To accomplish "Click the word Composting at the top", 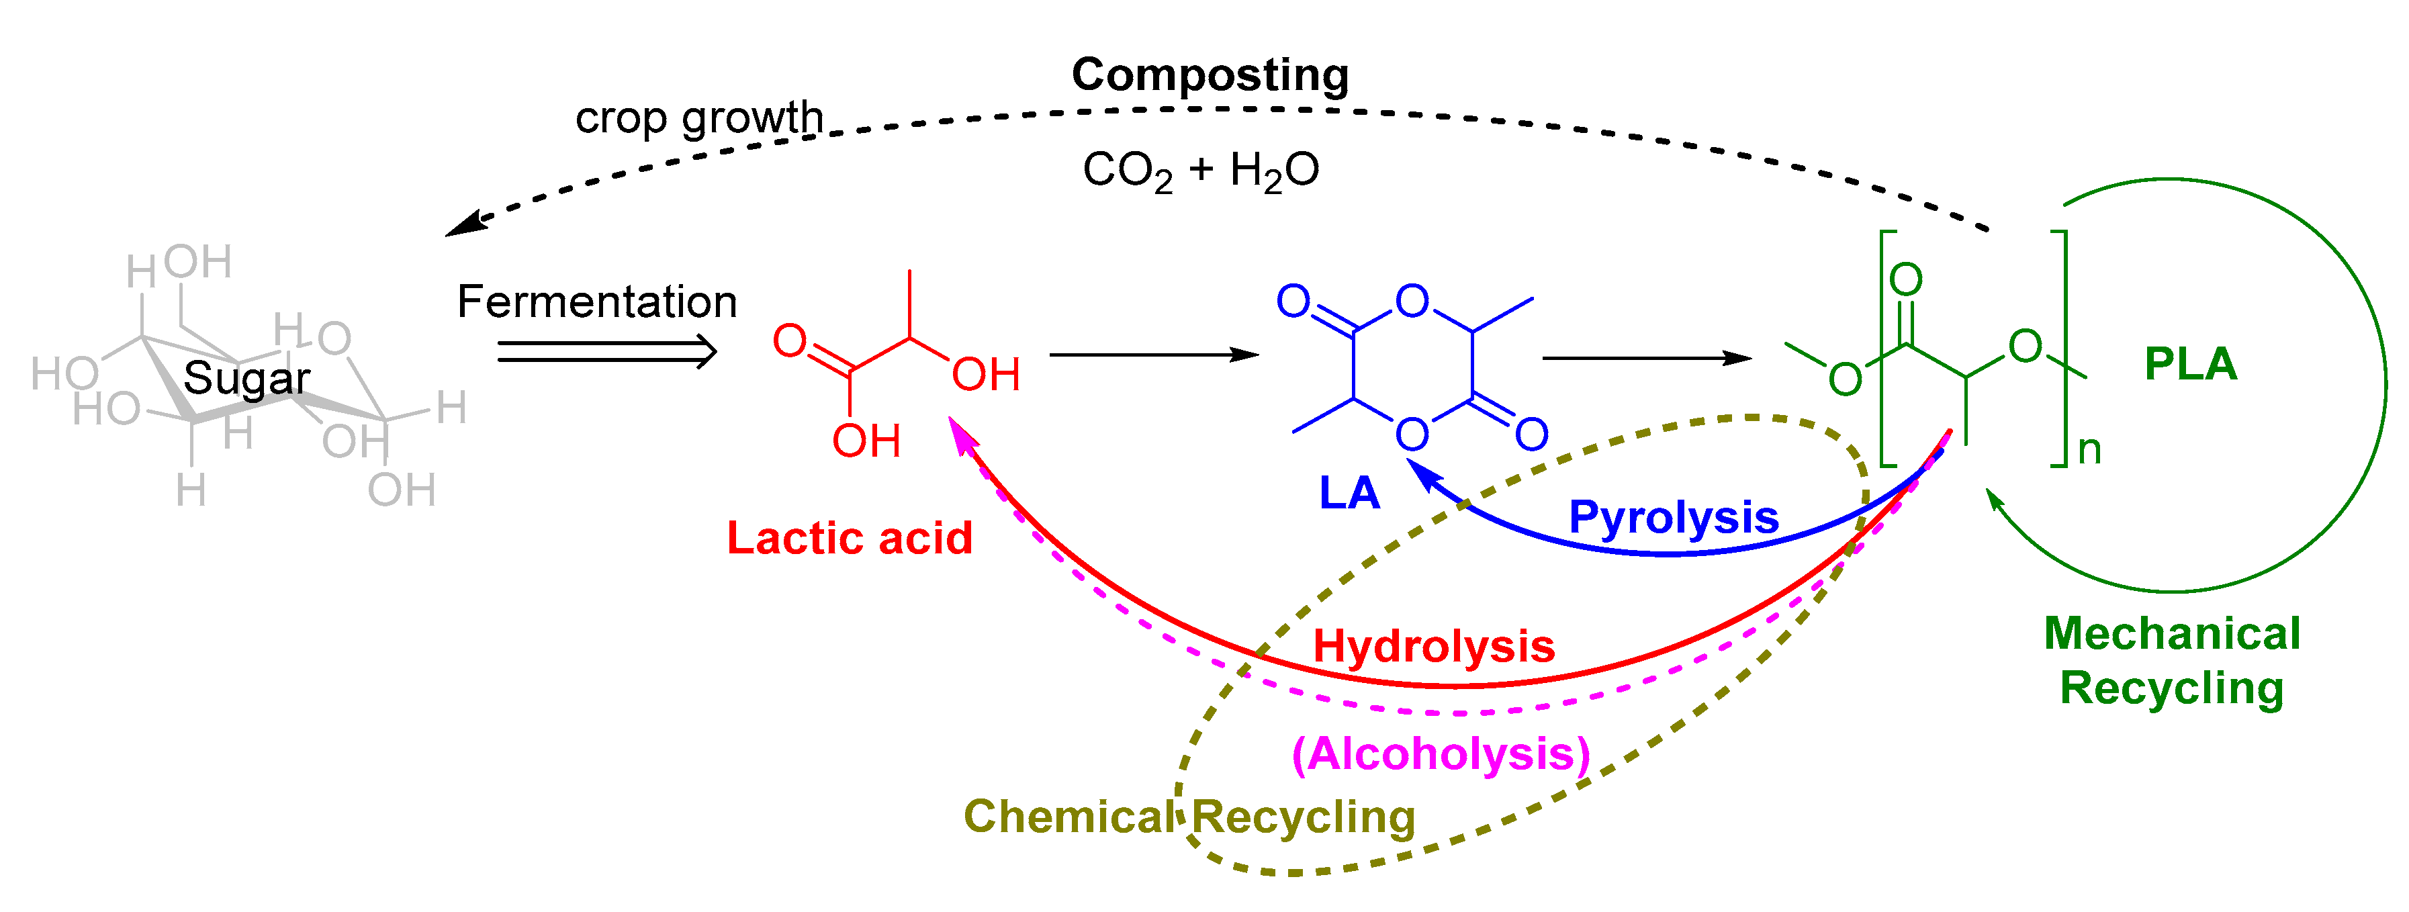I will pos(1210,75).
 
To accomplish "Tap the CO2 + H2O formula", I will pos(1201,171).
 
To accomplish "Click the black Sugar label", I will pos(246,379).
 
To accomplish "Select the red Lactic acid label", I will pos(849,539).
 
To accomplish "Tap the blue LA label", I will pos(1349,493).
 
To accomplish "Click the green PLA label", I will pos(2190,364).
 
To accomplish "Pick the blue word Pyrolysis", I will pos(1673,517).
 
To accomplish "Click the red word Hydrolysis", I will pos(1434,646).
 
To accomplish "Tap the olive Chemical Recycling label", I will pos(1189,817).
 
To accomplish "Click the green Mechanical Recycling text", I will pos(2171,662).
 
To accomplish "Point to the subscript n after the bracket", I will pos(2089,451).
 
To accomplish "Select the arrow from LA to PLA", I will pos(1646,358).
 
